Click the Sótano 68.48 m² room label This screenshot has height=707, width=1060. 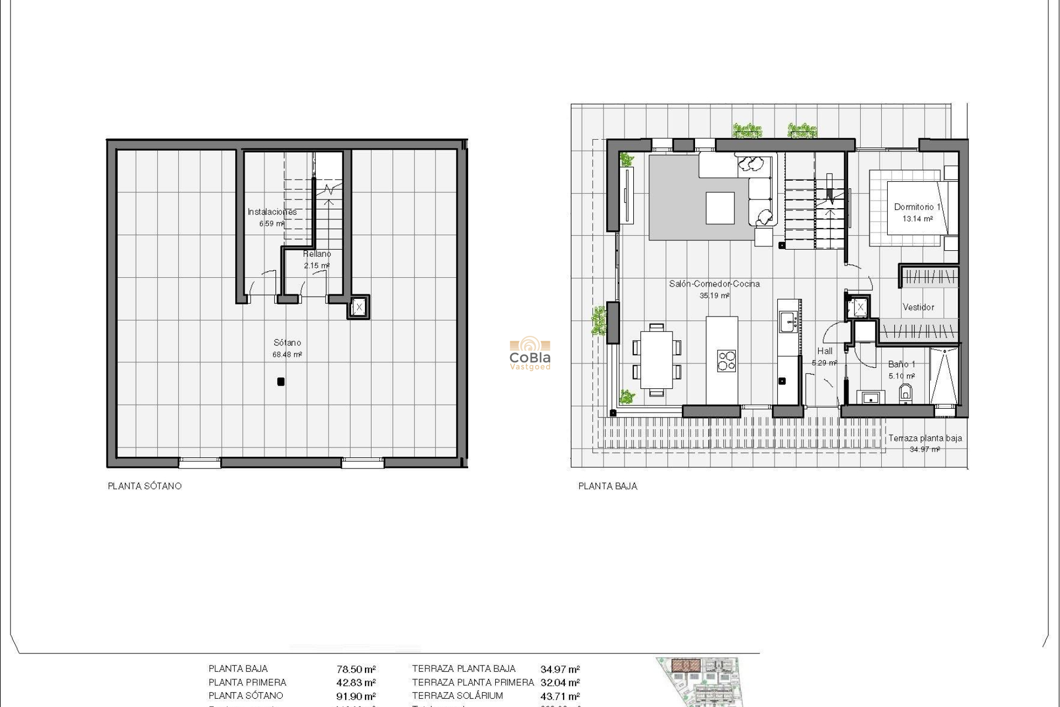pos(287,349)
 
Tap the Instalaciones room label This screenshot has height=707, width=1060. pos(272,212)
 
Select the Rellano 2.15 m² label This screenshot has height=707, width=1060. pos(317,259)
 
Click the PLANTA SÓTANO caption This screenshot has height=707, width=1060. pos(145,486)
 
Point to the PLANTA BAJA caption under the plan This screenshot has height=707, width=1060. pos(608,486)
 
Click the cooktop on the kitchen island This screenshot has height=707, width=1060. pos(726,361)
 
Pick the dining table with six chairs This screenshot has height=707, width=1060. pos(656,360)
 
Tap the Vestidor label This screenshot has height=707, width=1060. pos(918,307)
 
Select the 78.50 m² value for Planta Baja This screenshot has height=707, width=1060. pos(356,669)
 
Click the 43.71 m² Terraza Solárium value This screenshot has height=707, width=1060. pos(560,697)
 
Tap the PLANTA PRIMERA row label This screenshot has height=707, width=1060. pos(247,683)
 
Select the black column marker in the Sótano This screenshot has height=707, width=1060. pos(280,382)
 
